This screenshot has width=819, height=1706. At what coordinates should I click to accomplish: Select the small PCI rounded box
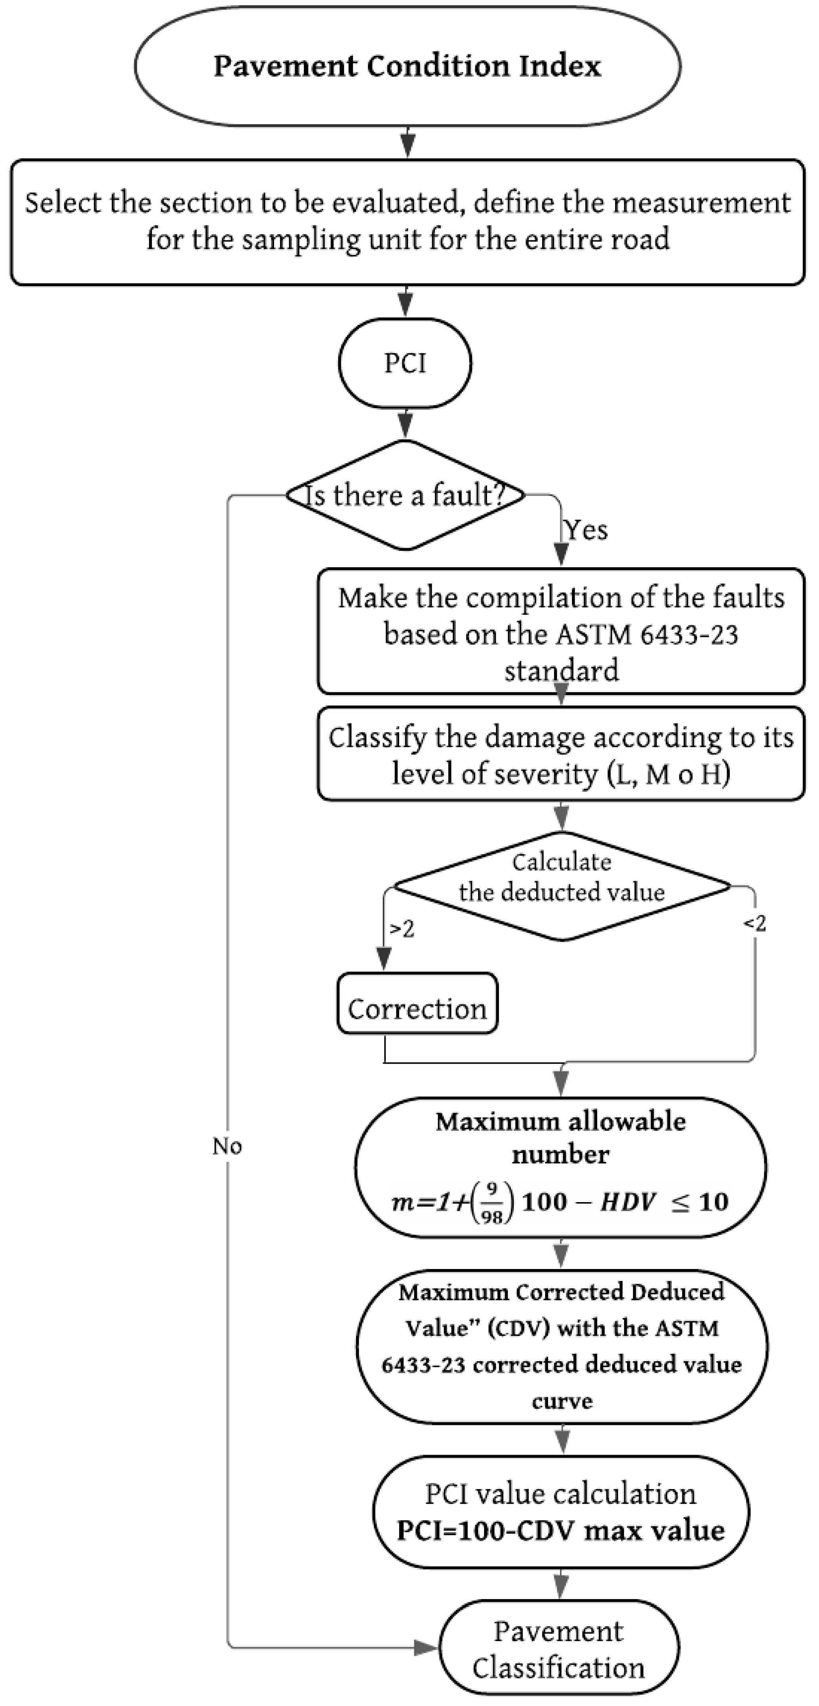[x=405, y=363]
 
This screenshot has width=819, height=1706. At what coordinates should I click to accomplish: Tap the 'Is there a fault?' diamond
[x=405, y=495]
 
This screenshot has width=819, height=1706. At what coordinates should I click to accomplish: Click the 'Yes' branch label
[x=586, y=530]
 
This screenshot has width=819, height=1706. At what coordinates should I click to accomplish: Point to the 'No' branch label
[x=227, y=1146]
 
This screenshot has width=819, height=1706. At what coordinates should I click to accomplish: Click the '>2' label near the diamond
[x=402, y=929]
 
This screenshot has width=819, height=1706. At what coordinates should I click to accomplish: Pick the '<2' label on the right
[x=754, y=923]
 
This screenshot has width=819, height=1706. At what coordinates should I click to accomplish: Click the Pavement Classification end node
[x=558, y=1649]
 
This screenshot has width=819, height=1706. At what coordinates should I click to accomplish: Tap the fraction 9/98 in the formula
[x=491, y=1203]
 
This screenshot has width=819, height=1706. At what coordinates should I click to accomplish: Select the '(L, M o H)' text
[x=669, y=773]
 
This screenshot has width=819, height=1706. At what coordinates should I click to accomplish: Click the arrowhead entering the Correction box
[x=384, y=959]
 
